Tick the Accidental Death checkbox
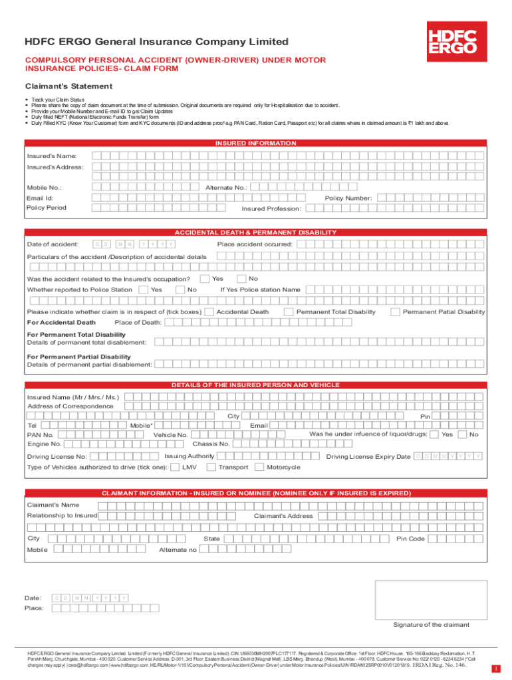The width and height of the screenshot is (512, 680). pos(209,311)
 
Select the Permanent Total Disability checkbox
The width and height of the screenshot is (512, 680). pos(289,311)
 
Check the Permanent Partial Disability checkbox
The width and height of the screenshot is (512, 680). pos(395,311)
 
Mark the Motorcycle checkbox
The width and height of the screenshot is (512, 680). pos(259,467)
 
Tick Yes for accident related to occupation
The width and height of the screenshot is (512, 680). pos(205,278)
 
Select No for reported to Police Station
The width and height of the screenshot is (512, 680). pos(180,290)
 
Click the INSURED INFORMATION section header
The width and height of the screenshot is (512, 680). pos(255,143)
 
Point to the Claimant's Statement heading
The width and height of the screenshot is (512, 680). pos(59,86)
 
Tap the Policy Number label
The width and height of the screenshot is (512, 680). pos(348,198)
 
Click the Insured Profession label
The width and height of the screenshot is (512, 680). pos(271,209)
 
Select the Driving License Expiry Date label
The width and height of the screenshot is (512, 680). pos(368,457)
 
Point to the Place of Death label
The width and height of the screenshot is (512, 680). pos(138,323)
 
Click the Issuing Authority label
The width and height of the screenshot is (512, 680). pos(190,456)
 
